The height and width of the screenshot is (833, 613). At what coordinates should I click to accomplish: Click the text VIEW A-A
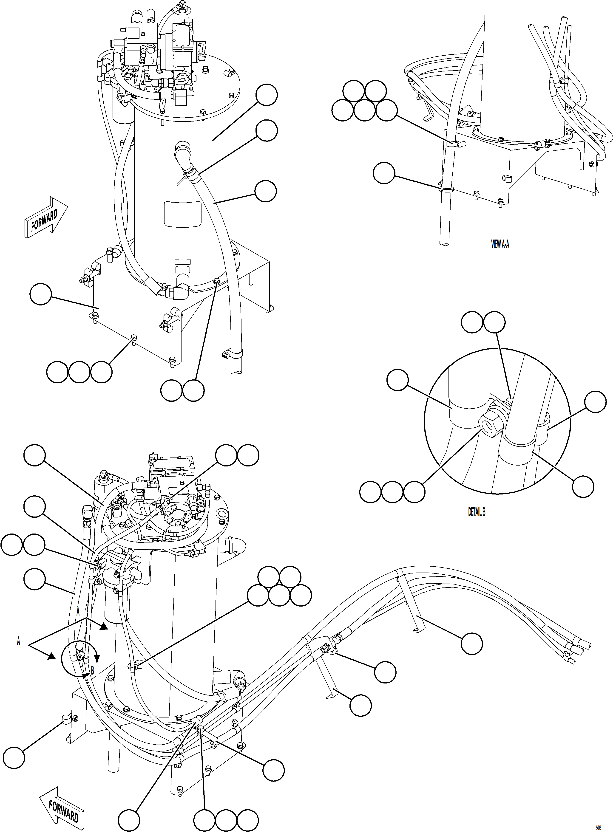tap(500, 244)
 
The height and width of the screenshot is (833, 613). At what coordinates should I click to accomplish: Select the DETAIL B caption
tap(477, 512)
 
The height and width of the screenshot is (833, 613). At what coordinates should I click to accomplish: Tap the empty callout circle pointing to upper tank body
tap(267, 95)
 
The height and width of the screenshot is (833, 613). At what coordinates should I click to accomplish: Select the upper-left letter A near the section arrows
tap(78, 612)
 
